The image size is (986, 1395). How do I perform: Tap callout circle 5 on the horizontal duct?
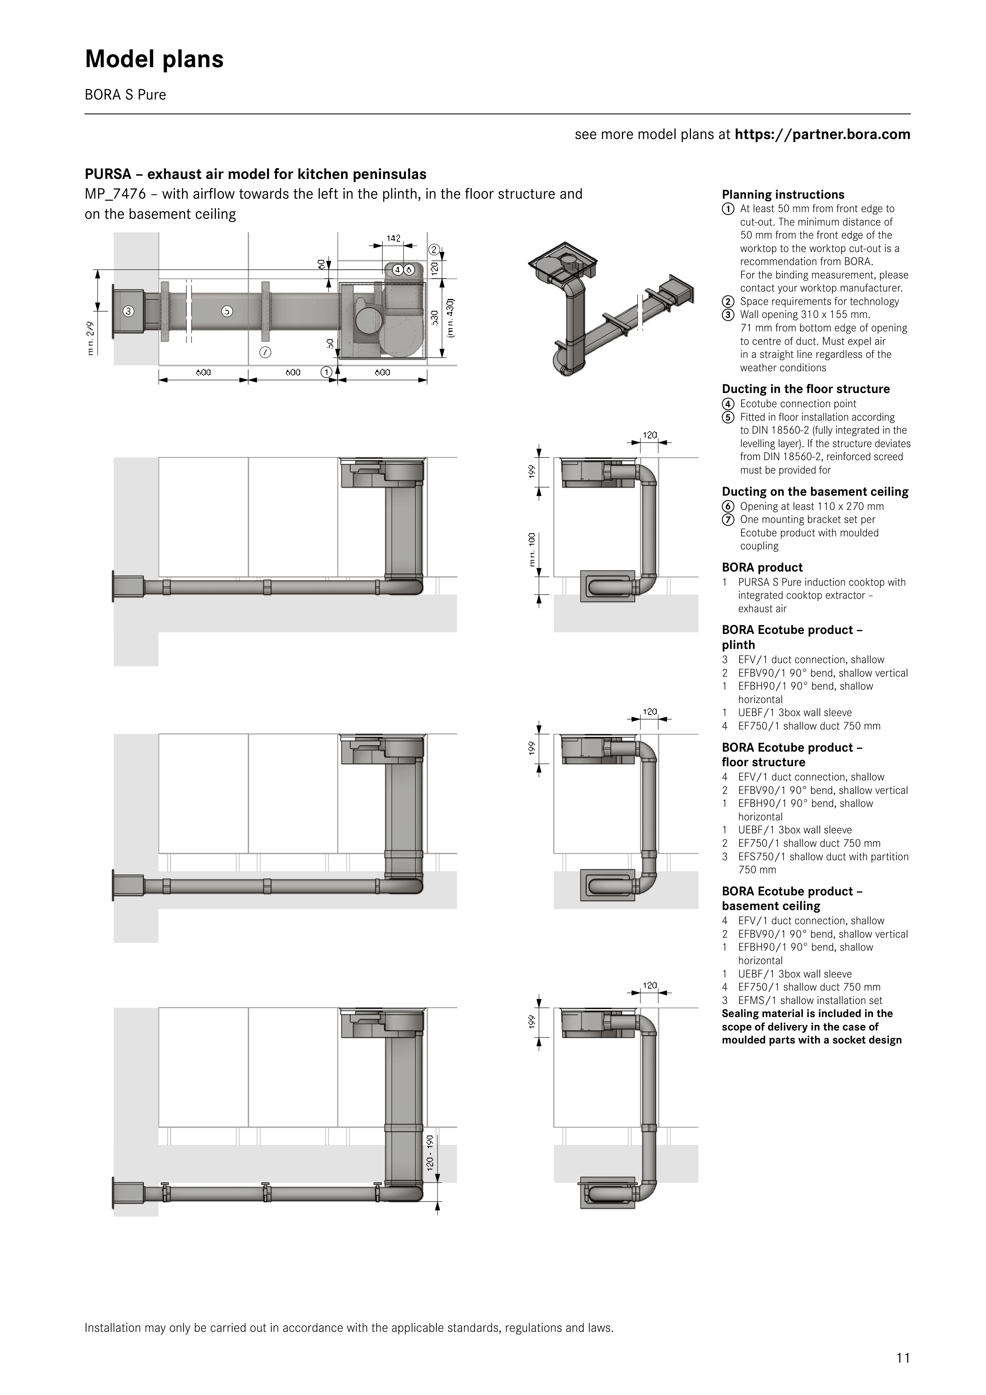pos(227,312)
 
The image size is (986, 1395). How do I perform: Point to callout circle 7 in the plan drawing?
pos(265,352)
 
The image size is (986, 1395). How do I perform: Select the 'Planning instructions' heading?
pos(783,194)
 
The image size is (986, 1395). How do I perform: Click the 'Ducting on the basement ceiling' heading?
pos(815,492)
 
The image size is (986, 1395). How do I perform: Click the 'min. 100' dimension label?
pos(532,550)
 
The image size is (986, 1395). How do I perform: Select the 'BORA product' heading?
pos(763,568)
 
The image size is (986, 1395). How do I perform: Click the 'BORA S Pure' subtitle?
pos(125,95)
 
